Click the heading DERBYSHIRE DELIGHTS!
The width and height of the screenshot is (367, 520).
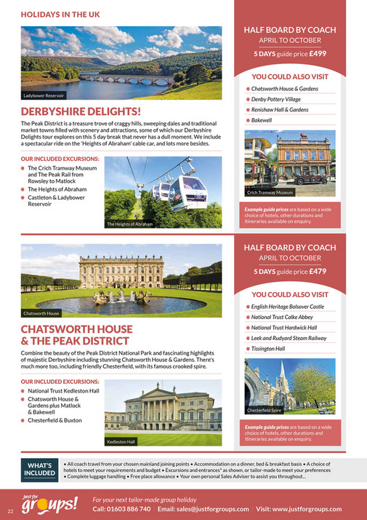[81, 111]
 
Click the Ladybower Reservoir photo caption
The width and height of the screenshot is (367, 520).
[44, 95]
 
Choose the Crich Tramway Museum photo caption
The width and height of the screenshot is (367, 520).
[270, 192]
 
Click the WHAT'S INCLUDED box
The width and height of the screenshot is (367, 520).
[39, 470]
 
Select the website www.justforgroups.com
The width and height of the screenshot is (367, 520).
[312, 509]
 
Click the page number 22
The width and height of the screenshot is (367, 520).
[10, 509]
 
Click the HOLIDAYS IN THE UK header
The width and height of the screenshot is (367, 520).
[60, 14]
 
